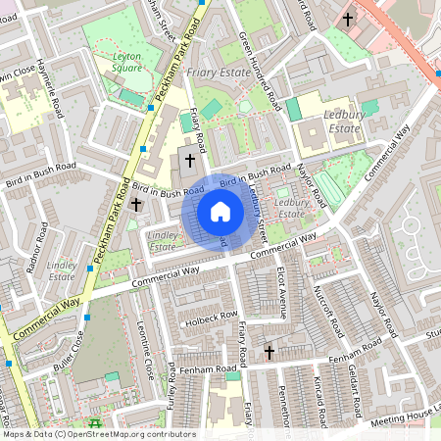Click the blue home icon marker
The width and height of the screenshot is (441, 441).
coord(220,212)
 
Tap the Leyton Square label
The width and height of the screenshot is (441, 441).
coord(126,62)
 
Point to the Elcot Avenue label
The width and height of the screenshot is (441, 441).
coord(282,292)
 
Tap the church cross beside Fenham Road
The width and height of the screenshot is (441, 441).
coord(269,351)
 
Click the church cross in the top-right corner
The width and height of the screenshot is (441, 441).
coord(348,19)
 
